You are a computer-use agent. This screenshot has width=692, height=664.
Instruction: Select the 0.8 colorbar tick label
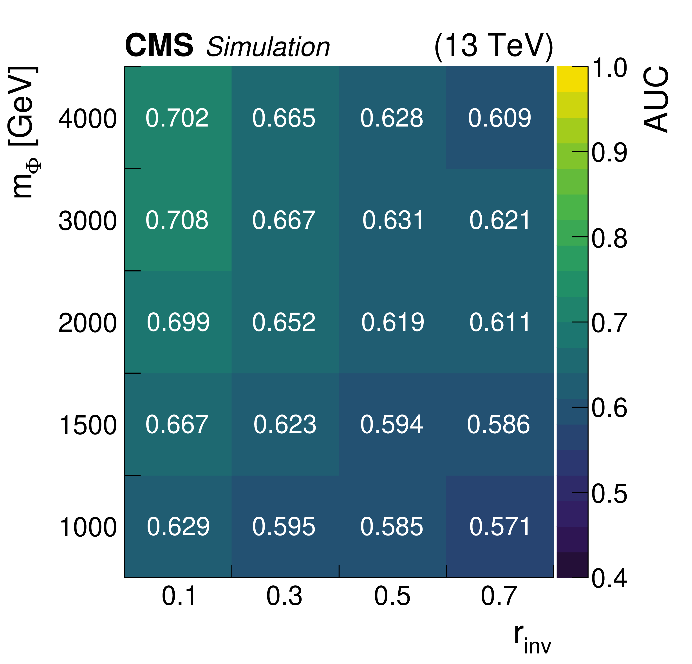coord(610,238)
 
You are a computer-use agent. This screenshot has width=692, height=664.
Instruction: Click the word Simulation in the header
coord(268,47)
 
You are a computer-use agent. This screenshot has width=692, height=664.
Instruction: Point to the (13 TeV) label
coord(493,46)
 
